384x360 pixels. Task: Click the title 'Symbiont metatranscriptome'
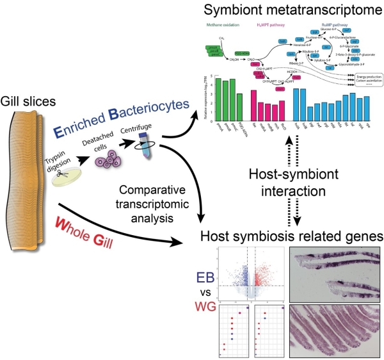[x=285, y=11]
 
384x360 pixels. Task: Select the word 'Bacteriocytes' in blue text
[x=138, y=104]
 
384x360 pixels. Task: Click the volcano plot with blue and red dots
[x=249, y=273]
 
